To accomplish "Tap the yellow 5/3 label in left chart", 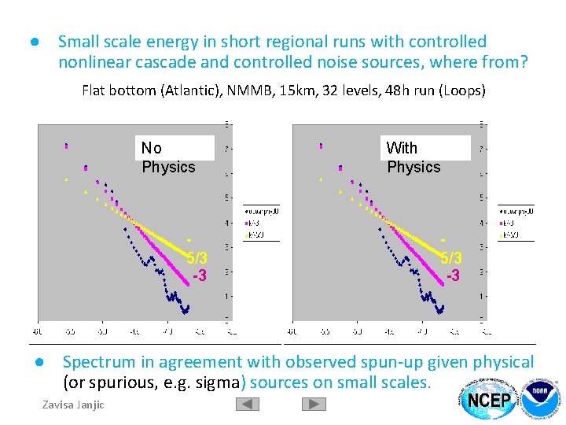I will tap(197, 258).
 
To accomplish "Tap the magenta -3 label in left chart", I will tap(200, 276).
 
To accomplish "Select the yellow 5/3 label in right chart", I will tap(451, 258).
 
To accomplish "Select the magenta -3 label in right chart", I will tap(453, 276).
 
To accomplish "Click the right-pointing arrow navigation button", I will tap(314, 404).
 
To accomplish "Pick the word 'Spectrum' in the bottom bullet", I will tap(97, 362).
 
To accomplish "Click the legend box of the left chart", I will tap(259, 223).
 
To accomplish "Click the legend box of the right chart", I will tap(515, 223).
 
